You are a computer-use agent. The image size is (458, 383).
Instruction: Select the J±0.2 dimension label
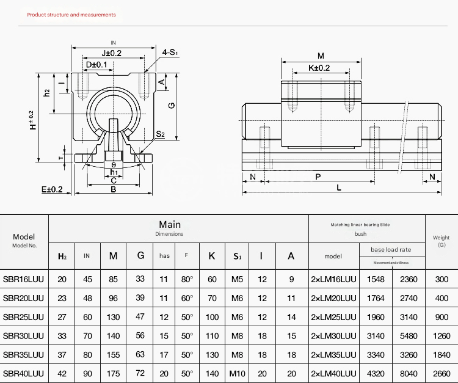pyautogui.click(x=111, y=53)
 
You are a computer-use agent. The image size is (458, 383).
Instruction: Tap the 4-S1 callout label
pyautogui.click(x=170, y=53)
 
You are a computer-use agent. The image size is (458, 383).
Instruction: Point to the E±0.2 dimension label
pyautogui.click(x=53, y=190)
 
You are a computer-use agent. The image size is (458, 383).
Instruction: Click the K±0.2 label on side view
pyautogui.click(x=319, y=68)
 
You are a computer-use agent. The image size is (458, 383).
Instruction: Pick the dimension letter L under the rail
pyautogui.click(x=339, y=188)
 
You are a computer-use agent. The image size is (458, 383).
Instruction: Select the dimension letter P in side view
pyautogui.click(x=318, y=177)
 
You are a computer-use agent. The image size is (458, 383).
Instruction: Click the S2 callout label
pyautogui.click(x=160, y=134)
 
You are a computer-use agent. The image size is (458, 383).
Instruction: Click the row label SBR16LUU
pyautogui.click(x=24, y=279)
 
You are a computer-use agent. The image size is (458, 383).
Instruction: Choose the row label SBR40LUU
pyautogui.click(x=24, y=373)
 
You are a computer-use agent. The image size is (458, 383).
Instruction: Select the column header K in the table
pyautogui.click(x=211, y=255)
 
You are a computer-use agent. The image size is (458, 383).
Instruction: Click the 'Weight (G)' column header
pyautogui.click(x=441, y=241)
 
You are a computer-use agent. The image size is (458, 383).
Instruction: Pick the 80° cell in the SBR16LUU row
pyautogui.click(x=187, y=279)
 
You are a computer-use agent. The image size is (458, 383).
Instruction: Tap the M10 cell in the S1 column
pyautogui.click(x=237, y=373)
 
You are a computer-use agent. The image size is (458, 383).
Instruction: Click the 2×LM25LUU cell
pyautogui.click(x=333, y=317)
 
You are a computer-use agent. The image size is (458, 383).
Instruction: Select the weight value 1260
pyautogui.click(x=441, y=336)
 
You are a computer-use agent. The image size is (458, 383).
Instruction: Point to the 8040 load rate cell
pyautogui.click(x=408, y=373)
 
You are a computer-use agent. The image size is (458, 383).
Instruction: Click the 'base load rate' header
pyautogui.click(x=391, y=249)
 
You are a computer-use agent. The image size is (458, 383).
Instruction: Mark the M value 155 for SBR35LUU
pyautogui.click(x=113, y=355)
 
